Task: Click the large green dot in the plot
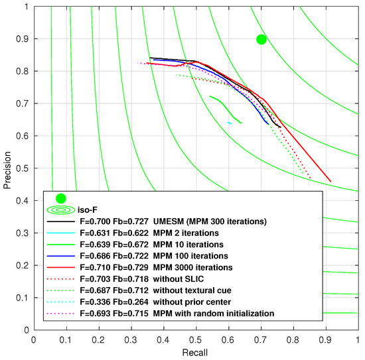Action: [261, 39]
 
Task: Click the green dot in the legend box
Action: [61, 198]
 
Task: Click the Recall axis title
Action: [196, 352]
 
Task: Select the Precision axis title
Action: [7, 168]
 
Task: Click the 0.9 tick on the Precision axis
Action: [23, 39]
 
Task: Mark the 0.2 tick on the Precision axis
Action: [23, 265]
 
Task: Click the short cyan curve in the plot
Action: [230, 123]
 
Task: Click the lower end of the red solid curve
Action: [330, 180]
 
